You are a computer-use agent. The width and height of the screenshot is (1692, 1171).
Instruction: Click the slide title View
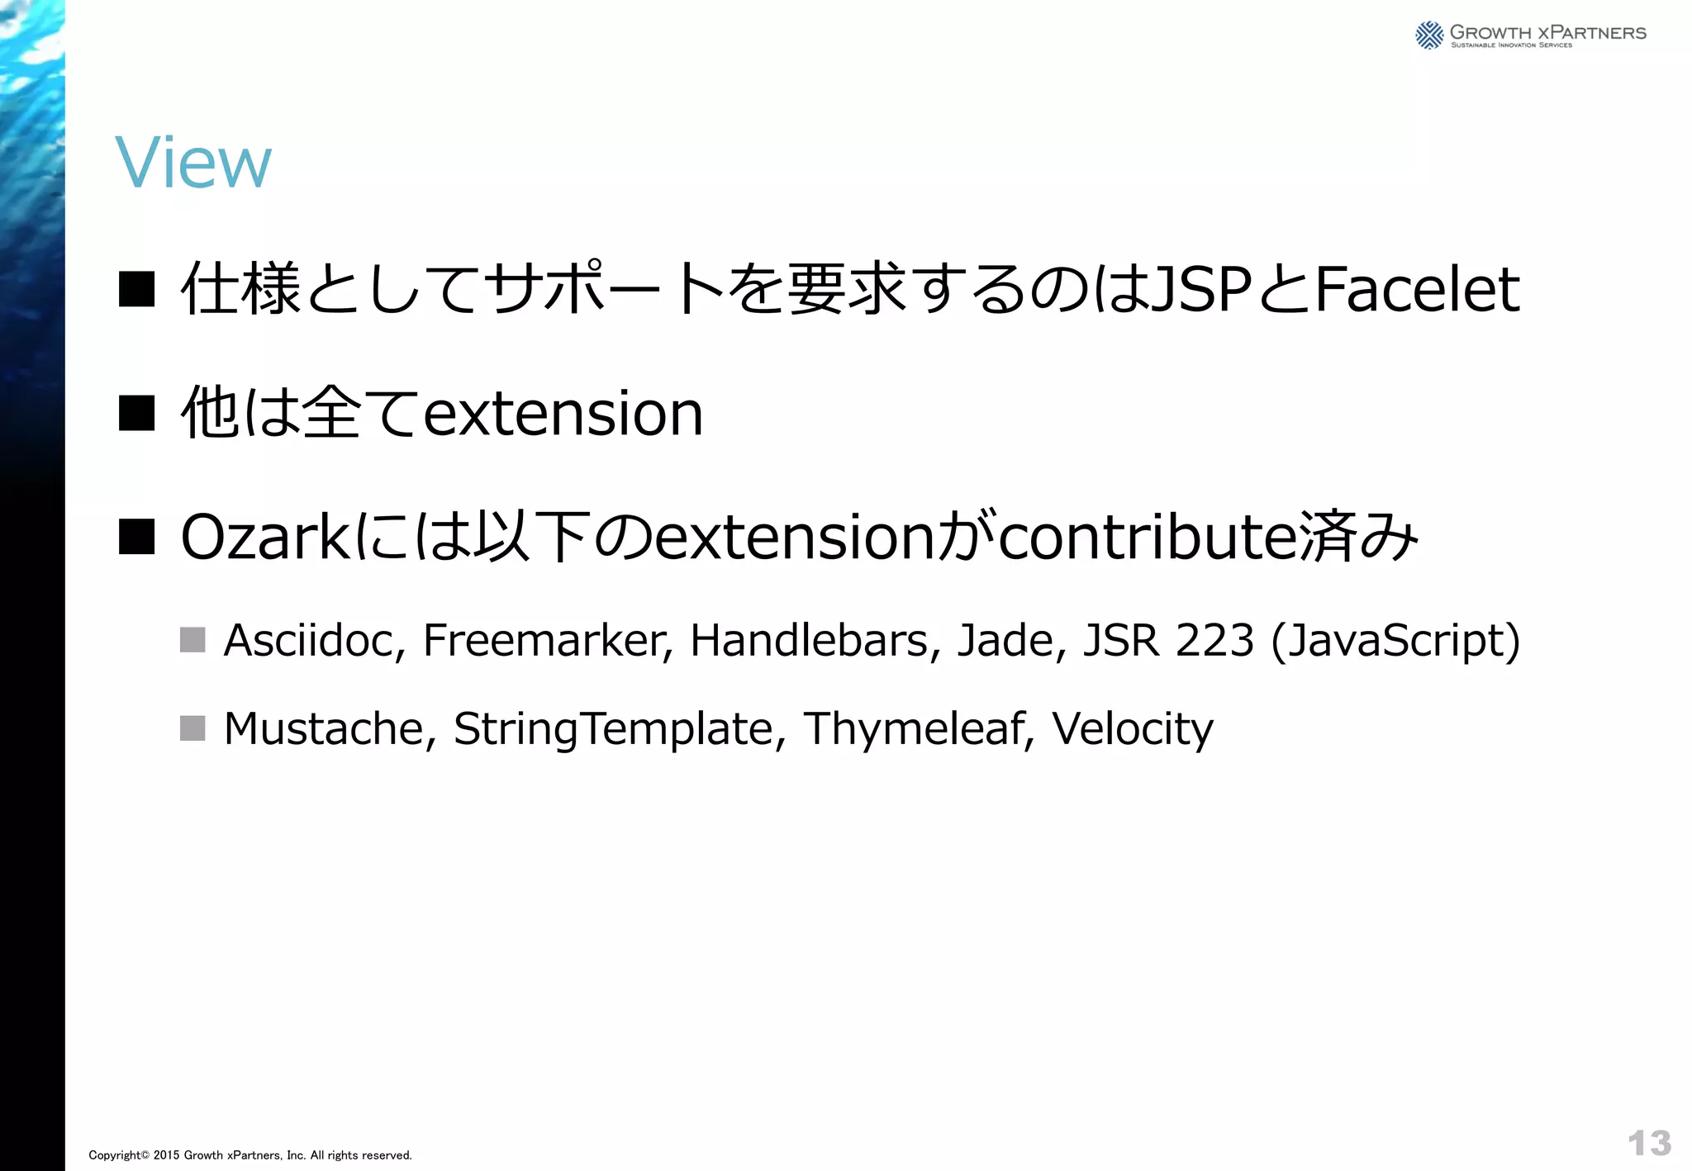192,163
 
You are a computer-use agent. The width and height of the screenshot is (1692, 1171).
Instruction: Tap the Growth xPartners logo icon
1428,35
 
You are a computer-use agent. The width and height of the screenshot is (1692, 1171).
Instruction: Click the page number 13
1649,1144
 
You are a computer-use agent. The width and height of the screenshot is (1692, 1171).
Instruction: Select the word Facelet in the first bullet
1416,290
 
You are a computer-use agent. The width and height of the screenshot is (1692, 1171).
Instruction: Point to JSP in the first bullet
1200,290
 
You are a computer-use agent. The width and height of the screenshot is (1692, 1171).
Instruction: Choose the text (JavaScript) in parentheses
1395,642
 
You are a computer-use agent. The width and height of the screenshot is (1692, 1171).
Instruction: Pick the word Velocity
1132,730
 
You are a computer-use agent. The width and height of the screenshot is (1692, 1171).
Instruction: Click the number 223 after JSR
1214,640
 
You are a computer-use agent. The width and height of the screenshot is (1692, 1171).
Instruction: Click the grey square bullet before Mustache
192,728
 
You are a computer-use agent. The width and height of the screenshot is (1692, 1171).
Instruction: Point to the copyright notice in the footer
250,1155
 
